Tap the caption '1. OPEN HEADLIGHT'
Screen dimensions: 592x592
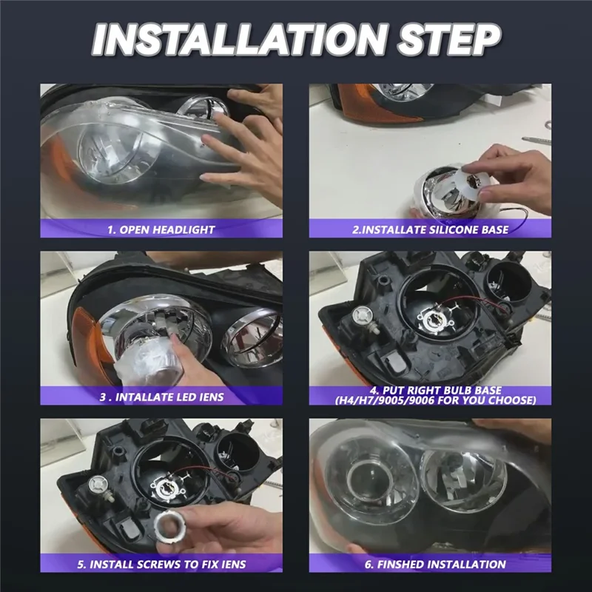161,229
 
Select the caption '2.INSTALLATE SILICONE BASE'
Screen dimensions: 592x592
430,229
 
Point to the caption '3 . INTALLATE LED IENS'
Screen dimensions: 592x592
161,397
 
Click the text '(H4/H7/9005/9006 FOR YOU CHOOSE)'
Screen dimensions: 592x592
430,401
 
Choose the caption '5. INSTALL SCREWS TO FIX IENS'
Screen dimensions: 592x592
161,565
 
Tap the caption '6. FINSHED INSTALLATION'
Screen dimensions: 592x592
430,565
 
